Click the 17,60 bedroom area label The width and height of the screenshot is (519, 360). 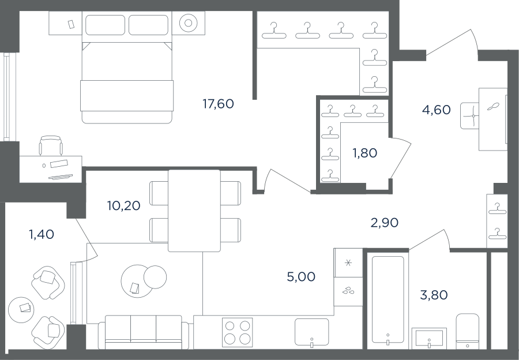(218, 104)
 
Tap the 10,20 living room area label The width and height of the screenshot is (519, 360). (124, 205)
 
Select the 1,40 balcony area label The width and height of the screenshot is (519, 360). (42, 234)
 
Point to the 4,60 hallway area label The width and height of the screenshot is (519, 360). (437, 110)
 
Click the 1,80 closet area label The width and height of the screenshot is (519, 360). (364, 153)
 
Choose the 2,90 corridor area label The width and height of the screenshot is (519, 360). (384, 223)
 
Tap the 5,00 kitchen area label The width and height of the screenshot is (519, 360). (301, 276)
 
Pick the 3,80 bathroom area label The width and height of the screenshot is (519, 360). (434, 295)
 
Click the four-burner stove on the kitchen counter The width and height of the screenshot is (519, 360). (238, 332)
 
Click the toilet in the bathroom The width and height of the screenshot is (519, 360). (467, 331)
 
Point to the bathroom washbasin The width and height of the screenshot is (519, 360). (429, 339)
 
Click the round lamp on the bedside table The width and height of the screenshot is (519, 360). (189, 23)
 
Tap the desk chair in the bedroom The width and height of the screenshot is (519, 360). (51, 145)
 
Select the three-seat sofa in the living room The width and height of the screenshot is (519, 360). (144, 332)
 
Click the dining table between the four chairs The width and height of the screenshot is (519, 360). (194, 211)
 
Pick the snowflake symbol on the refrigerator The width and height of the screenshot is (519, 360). (348, 263)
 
